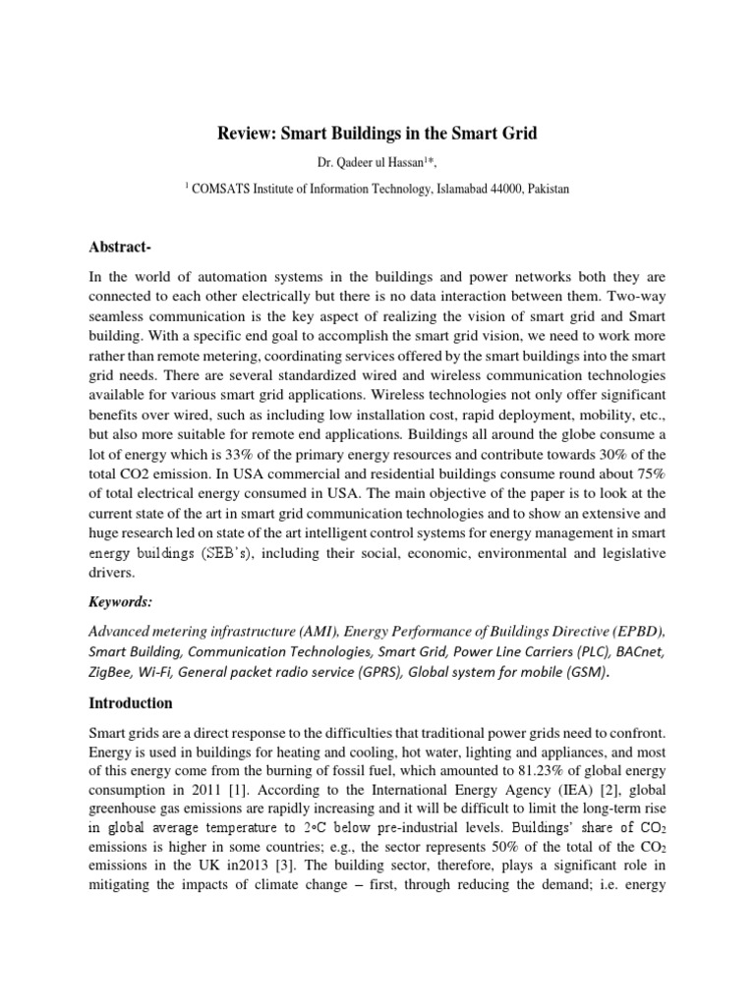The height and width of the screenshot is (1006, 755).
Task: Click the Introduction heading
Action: pyautogui.click(x=132, y=703)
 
